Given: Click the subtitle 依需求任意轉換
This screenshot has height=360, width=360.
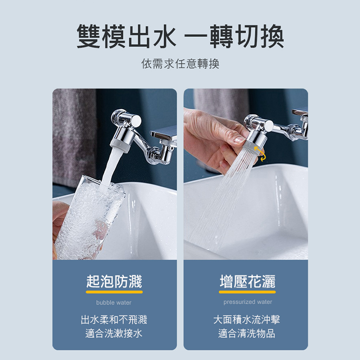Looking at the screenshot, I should [x=180, y=64].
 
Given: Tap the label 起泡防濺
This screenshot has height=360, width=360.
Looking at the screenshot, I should [x=114, y=281].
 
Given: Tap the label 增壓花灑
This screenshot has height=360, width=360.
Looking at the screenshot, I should [x=247, y=281].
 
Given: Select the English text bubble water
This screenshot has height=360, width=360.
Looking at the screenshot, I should [x=114, y=303].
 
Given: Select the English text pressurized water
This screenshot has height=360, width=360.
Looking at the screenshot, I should [x=248, y=302].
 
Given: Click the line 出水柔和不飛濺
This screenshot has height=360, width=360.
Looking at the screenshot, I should [x=114, y=319].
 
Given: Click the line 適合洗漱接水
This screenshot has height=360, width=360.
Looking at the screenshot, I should [x=114, y=333].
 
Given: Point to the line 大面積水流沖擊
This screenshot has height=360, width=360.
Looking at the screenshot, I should [x=247, y=319].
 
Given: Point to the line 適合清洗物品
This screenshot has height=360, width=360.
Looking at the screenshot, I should [x=247, y=333].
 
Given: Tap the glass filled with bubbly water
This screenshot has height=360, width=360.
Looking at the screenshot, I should [x=86, y=220].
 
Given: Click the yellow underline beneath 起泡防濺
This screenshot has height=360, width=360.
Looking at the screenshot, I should [x=114, y=292].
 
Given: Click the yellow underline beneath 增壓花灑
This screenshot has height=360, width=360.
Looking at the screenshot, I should [x=247, y=292].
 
